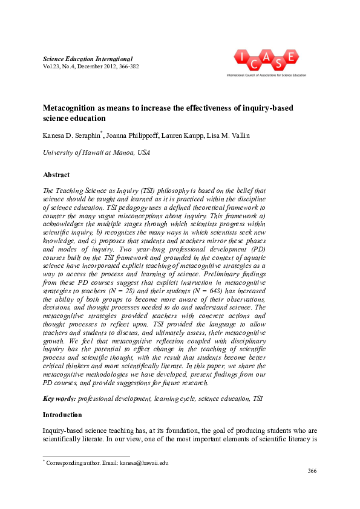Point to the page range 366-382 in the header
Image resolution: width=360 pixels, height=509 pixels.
126,66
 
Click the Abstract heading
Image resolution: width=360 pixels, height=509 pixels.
56,175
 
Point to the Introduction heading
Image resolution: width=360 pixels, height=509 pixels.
62,415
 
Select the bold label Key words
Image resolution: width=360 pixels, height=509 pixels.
59,399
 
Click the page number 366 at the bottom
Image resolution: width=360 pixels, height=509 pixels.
312,471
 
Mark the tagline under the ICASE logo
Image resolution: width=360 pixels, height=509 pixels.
266,76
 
